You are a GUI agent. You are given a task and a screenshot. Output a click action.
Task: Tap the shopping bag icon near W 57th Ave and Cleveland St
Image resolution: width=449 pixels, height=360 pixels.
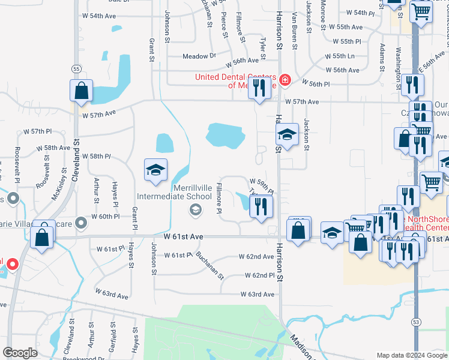(81, 91)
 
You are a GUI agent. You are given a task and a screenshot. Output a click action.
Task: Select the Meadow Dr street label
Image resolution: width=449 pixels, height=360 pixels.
(199, 56)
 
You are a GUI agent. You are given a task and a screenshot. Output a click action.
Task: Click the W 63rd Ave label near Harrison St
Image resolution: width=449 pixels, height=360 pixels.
(257, 295)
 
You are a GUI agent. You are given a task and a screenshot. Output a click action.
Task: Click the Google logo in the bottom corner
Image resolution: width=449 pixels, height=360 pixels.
(20, 353)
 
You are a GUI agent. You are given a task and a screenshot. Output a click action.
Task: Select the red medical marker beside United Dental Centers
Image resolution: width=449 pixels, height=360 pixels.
(285, 80)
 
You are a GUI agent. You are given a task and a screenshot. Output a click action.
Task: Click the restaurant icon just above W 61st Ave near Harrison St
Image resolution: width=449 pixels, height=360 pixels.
(261, 207)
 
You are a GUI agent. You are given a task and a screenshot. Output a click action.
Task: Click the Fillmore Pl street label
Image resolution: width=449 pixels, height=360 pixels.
(220, 200)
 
